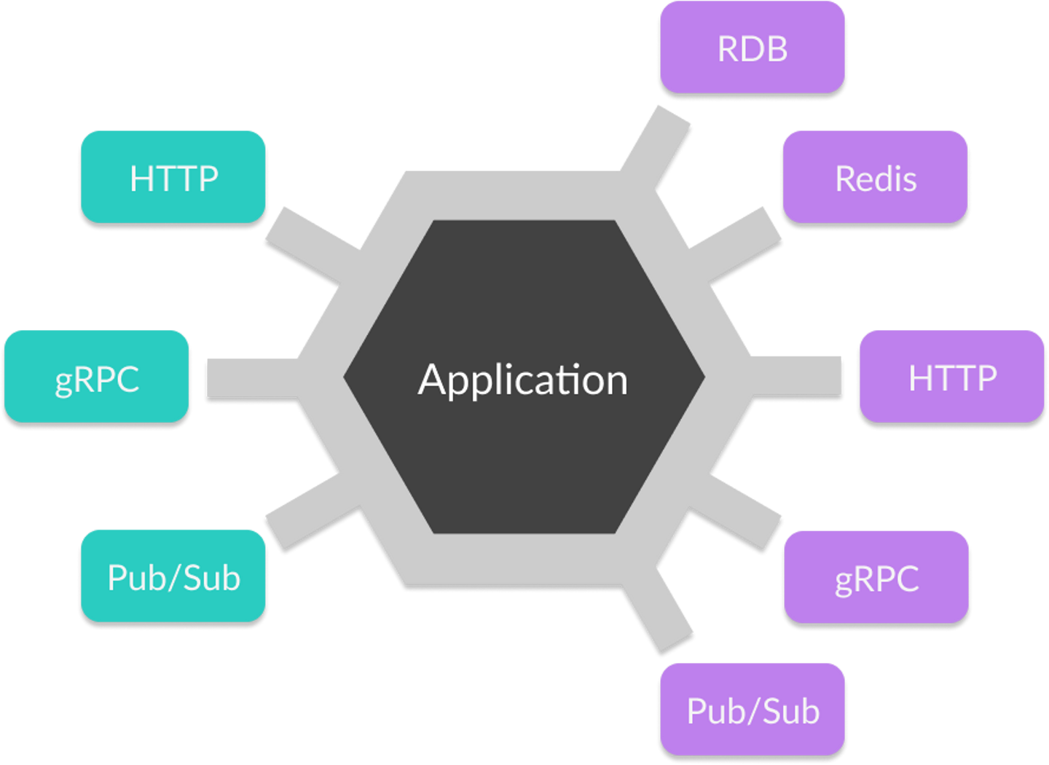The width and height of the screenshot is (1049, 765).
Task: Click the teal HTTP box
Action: pyautogui.click(x=173, y=176)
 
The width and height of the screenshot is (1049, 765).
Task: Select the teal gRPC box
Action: pyautogui.click(x=97, y=376)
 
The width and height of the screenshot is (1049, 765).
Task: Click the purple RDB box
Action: pyautogui.click(x=753, y=47)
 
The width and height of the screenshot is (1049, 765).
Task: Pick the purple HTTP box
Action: pyautogui.click(x=952, y=376)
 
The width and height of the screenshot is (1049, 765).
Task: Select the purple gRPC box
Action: pyautogui.click(x=876, y=577)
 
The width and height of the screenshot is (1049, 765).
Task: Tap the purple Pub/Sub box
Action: pyautogui.click(x=753, y=709)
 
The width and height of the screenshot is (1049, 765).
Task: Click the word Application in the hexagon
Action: pyautogui.click(x=522, y=379)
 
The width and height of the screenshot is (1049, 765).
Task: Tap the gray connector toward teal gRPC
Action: pyautogui.click(x=251, y=377)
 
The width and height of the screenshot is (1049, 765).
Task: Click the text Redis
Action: pyautogui.click(x=875, y=178)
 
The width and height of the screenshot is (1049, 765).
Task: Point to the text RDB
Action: pyautogui.click(x=753, y=49)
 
